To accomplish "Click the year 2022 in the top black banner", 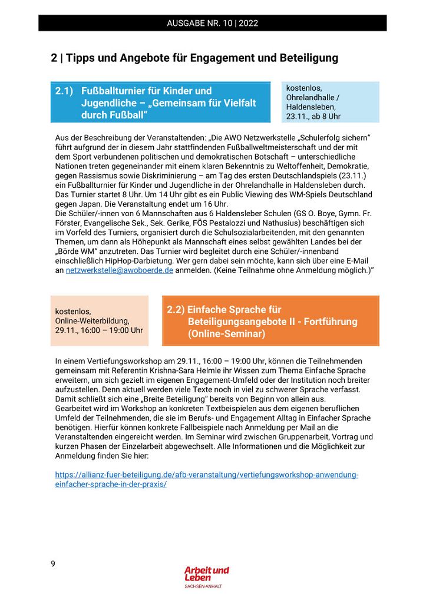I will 248,24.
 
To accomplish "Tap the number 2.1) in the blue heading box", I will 64,91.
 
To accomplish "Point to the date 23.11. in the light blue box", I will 298,117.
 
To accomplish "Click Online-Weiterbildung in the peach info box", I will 92,321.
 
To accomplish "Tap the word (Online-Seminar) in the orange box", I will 226,334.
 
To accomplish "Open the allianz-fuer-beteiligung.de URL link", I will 206,479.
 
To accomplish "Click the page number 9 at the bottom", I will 53,564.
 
